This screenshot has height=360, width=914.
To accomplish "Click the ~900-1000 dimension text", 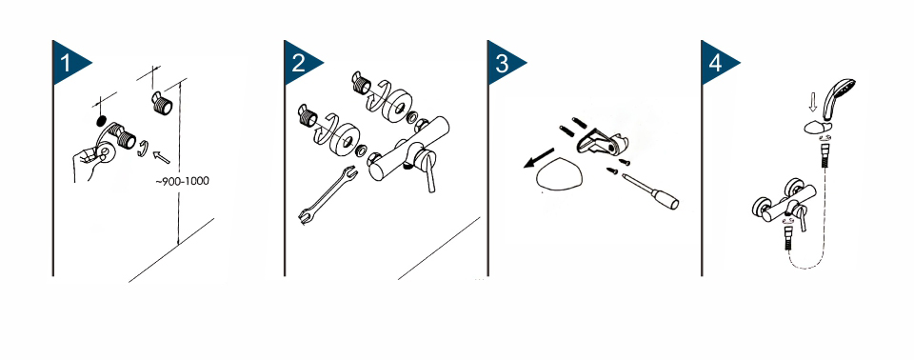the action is tap(182, 181).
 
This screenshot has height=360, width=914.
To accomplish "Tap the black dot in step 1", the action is tap(101, 121).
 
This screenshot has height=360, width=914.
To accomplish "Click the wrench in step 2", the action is tap(326, 194).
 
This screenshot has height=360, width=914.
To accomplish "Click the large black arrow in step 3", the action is tap(539, 157).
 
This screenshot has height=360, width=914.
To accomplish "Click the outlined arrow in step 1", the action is tap(162, 156).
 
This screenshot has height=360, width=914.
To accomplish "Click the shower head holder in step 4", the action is tap(816, 127).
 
